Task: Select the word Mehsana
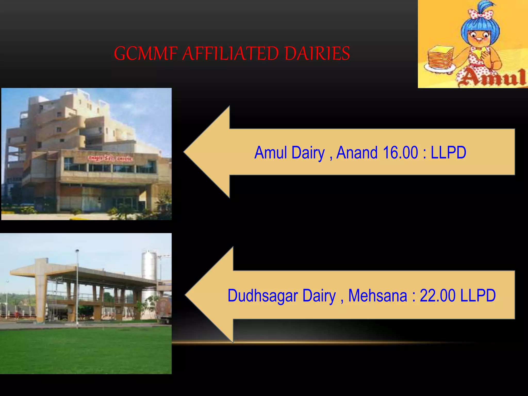click(377, 295)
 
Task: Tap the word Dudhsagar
click(263, 296)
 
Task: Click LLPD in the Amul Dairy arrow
click(448, 153)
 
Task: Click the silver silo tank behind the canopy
click(149, 266)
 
